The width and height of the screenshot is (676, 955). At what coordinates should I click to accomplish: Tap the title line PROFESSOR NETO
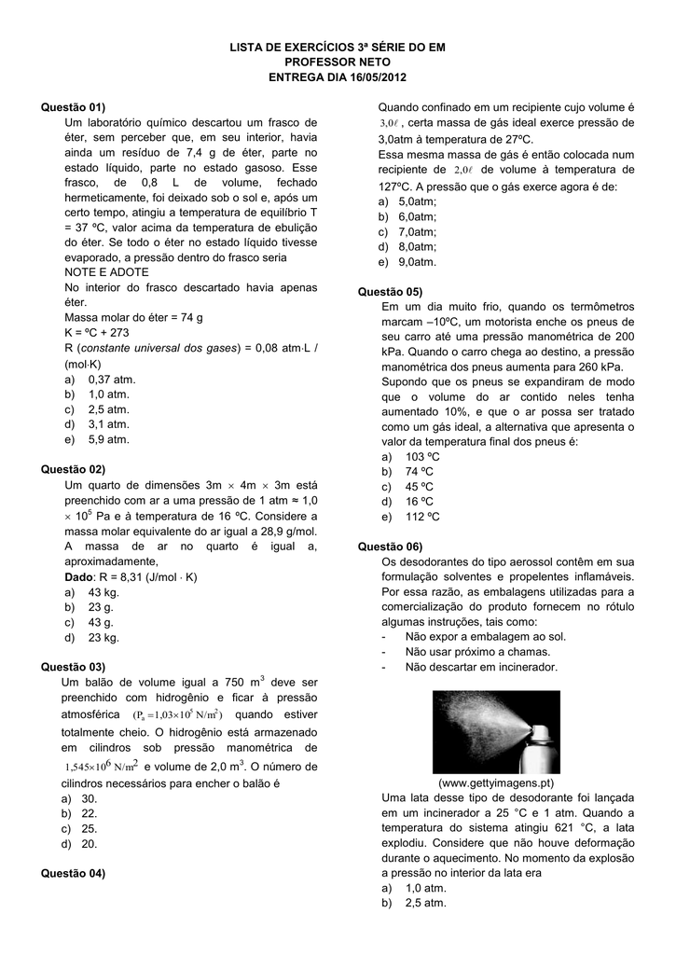click(338, 61)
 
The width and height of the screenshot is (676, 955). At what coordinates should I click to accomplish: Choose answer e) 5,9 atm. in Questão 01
click(98, 438)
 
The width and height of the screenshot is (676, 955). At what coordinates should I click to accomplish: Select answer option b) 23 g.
click(90, 607)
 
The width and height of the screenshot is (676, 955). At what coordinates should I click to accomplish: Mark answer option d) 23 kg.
click(92, 637)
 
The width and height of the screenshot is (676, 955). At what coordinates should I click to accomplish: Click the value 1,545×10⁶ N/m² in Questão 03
click(102, 766)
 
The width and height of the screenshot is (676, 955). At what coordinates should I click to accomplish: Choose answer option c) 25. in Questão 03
click(82, 828)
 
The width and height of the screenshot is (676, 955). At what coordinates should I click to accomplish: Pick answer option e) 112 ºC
click(410, 516)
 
